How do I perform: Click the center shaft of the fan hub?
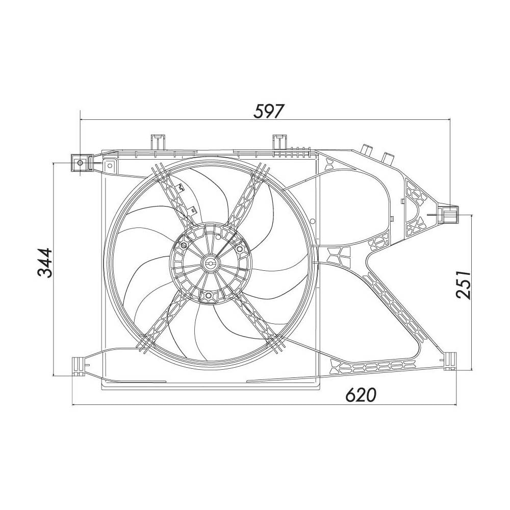[210, 263]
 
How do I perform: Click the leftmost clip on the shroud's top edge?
[157, 141]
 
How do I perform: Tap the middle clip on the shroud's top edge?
[278, 141]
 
